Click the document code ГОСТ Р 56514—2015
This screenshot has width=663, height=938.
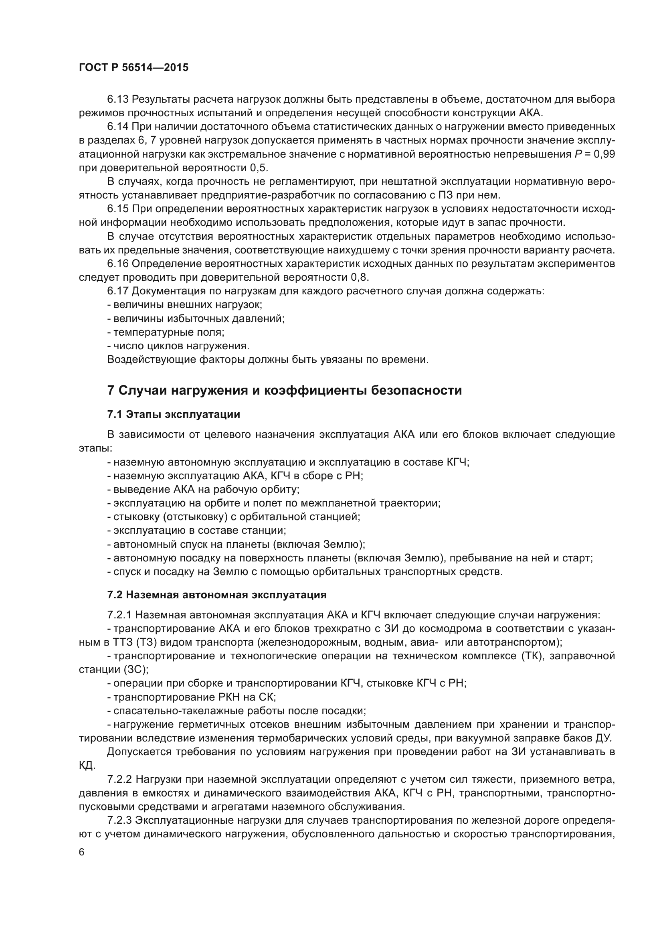[x=133, y=68]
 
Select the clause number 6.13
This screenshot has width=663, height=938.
[x=117, y=99]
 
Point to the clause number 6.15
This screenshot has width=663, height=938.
[x=117, y=209]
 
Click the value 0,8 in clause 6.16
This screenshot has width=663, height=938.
[x=359, y=278]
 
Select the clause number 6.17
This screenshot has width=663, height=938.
[x=117, y=291]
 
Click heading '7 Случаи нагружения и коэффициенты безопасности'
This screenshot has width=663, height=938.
[x=284, y=390]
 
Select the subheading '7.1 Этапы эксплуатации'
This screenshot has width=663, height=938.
[x=174, y=415]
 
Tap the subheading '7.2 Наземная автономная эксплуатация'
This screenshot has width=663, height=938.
[x=216, y=595]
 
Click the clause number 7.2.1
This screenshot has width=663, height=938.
[x=120, y=615]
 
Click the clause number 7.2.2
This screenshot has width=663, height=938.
[x=120, y=780]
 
